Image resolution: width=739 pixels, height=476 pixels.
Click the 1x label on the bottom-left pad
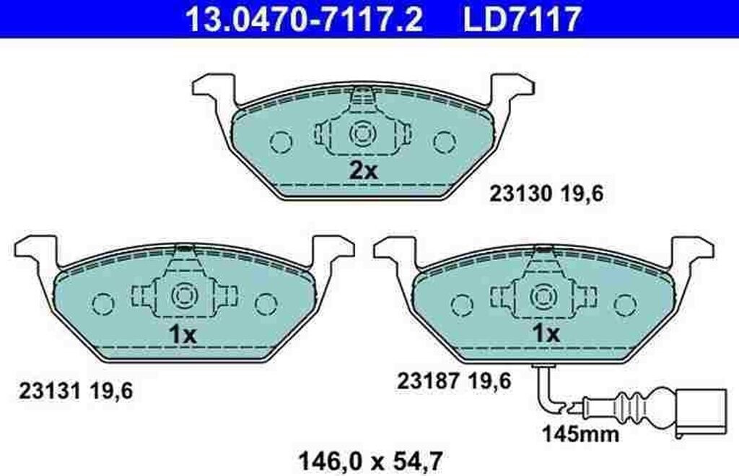click(x=182, y=334)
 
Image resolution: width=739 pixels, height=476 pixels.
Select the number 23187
click(x=427, y=381)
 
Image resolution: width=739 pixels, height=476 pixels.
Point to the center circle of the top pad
click(x=361, y=134)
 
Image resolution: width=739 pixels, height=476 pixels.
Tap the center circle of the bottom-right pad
click(x=542, y=295)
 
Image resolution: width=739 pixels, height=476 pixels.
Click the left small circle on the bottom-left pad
click(x=100, y=302)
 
